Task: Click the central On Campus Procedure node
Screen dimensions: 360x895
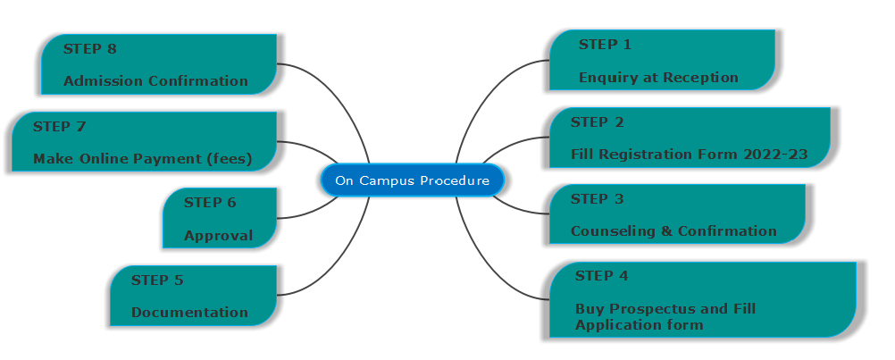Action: (412, 180)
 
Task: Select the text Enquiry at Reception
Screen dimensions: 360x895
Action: (658, 77)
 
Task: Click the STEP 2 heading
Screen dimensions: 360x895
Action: (597, 121)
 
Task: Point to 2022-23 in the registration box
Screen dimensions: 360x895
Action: (775, 155)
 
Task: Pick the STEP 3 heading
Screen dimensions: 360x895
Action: (597, 198)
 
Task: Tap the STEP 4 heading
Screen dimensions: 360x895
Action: (601, 275)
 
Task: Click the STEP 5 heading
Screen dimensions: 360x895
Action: (157, 280)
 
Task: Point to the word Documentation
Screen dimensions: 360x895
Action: (189, 313)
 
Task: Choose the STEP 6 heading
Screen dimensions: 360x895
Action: (210, 202)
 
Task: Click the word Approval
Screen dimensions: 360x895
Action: (218, 236)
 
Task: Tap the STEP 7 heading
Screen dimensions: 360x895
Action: (59, 126)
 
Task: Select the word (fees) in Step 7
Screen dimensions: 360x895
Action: (229, 159)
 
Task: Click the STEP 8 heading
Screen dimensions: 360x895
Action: (89, 48)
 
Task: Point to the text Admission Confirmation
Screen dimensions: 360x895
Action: (155, 81)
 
